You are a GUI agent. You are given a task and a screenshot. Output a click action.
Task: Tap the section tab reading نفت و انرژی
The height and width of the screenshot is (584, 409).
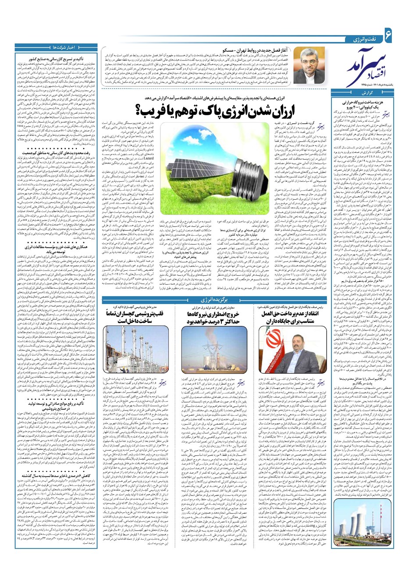363,39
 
